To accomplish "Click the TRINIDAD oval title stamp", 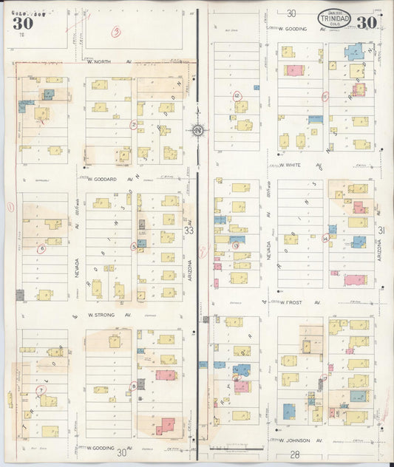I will (335, 19).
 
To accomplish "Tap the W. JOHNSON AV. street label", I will (302, 440).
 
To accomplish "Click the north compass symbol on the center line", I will (198, 131).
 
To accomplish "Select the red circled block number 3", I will (116, 31).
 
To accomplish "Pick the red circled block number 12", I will (237, 96).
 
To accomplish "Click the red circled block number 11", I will (325, 96).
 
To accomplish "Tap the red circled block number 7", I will (41, 389).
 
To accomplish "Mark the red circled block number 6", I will (43, 248).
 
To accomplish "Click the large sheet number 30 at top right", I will (367, 22).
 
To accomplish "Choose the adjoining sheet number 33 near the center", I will (189, 231).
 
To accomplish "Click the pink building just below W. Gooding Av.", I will (294, 70).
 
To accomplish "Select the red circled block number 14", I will (325, 238).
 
